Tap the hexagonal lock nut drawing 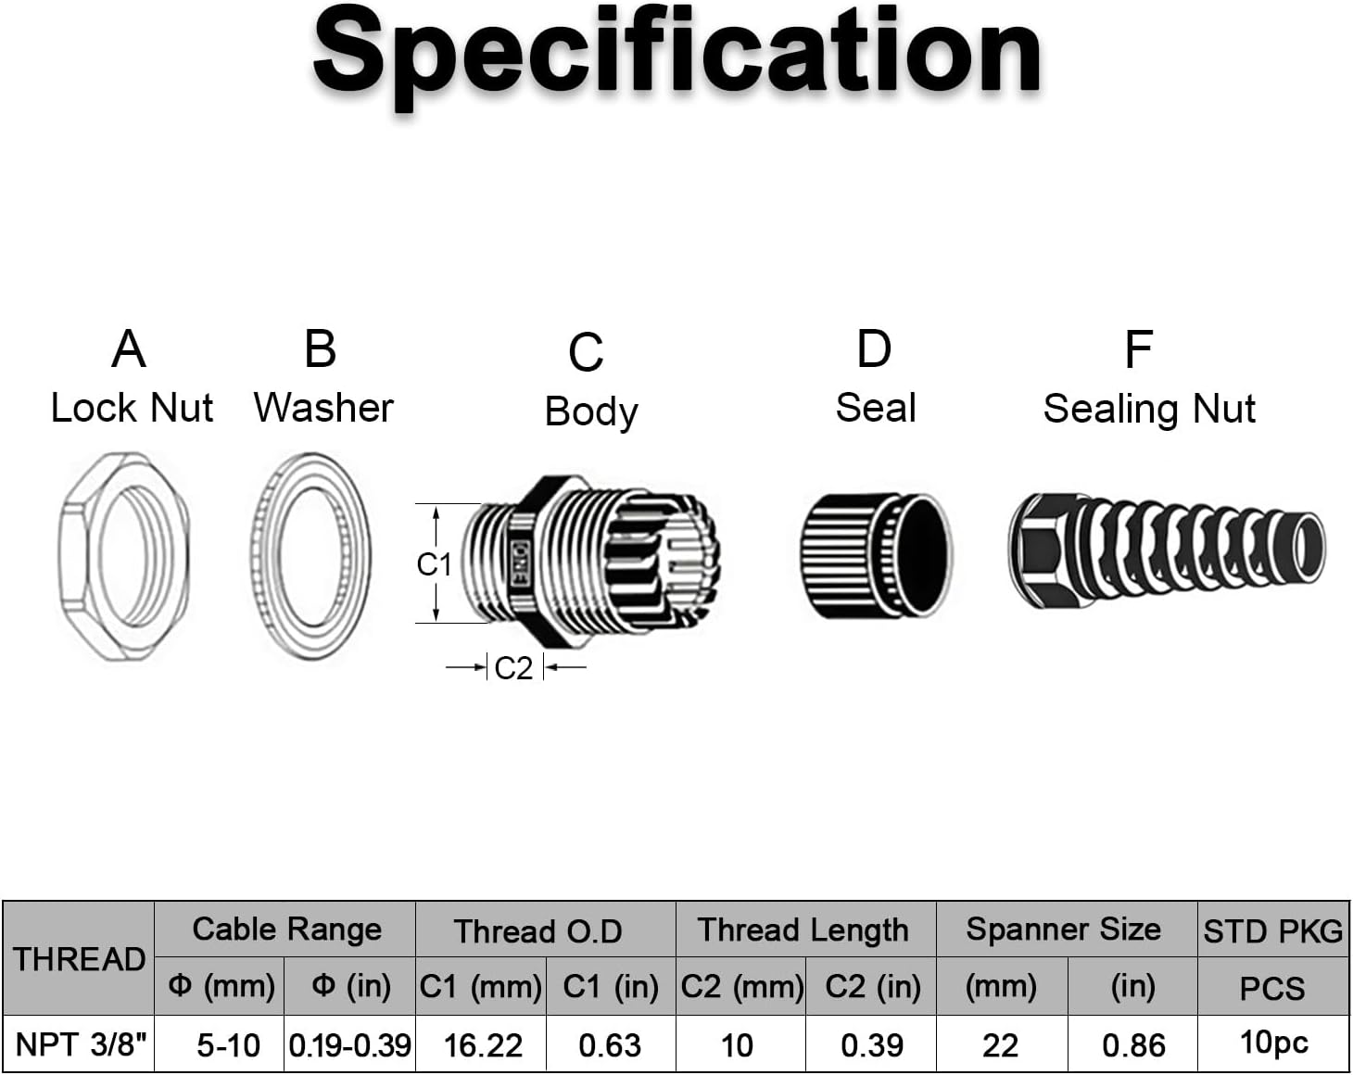[x=123, y=556]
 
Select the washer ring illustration [x=310, y=556]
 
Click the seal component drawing [x=876, y=555]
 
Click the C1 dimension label [x=434, y=563]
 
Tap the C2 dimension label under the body [x=513, y=667]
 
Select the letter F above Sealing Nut [x=1138, y=350]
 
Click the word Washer [x=323, y=408]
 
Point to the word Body [x=591, y=411]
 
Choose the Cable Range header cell [x=286, y=930]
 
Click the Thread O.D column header [x=537, y=930]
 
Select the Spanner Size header [x=1063, y=930]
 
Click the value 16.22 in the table [x=483, y=1045]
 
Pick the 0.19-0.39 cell [x=349, y=1045]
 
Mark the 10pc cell [x=1273, y=1043]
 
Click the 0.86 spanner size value [x=1133, y=1045]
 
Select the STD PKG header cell [x=1272, y=930]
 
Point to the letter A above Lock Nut [x=129, y=349]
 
